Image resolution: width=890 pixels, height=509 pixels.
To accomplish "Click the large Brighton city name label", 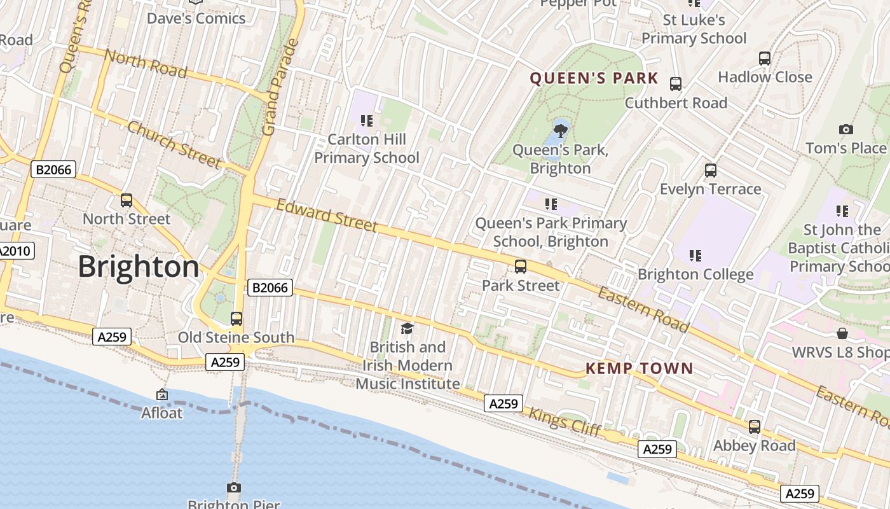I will click(x=139, y=267).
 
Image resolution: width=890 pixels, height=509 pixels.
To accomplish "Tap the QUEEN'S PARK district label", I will click(x=594, y=78).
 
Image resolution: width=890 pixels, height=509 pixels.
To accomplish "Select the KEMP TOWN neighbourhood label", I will click(x=639, y=368).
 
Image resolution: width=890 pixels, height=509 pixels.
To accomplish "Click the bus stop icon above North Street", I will click(x=127, y=200).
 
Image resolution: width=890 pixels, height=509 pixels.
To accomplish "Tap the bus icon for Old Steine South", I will click(x=236, y=318).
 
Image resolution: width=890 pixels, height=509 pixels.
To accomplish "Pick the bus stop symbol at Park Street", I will click(x=521, y=266).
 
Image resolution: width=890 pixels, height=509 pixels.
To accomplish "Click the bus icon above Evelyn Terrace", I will click(x=711, y=170).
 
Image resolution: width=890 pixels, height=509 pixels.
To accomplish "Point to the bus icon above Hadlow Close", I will click(x=765, y=58).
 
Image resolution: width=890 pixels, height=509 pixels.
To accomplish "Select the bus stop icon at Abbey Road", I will click(x=754, y=426).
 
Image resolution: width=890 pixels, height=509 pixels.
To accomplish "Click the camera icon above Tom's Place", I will click(x=845, y=129).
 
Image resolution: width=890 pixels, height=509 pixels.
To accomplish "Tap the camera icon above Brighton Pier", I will click(x=234, y=487).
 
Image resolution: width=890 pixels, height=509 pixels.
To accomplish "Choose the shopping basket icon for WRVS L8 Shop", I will click(x=842, y=333).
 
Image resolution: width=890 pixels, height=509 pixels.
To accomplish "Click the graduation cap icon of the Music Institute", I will click(x=407, y=328).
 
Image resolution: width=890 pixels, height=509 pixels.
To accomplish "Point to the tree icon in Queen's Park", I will click(x=560, y=131).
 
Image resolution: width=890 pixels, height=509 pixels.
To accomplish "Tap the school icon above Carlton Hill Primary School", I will click(x=366, y=120).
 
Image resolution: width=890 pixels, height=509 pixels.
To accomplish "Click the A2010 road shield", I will click(x=15, y=251).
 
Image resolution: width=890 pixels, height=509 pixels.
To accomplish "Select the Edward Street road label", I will click(x=327, y=216).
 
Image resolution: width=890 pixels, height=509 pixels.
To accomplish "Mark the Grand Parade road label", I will click(x=280, y=88).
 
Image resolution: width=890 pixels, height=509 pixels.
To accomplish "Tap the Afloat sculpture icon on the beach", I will click(x=162, y=394).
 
